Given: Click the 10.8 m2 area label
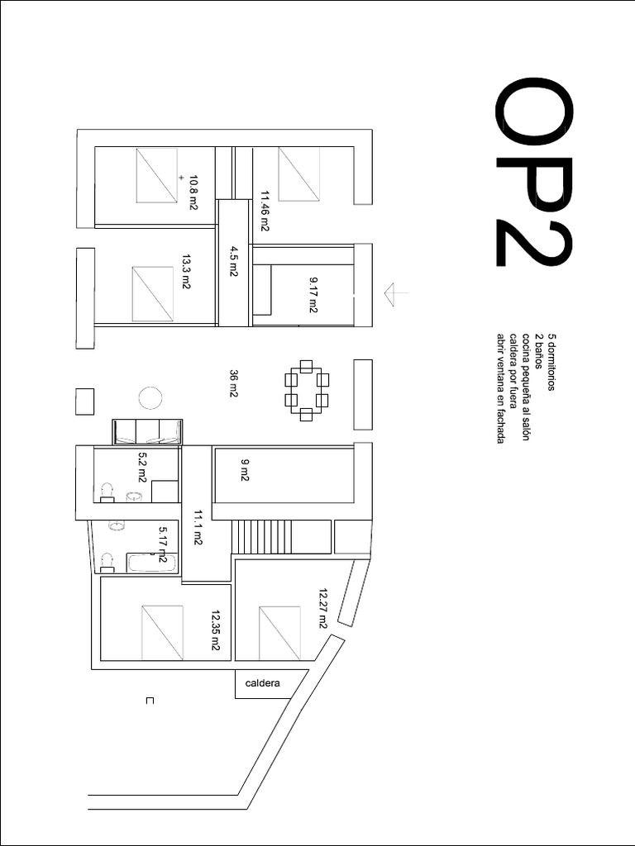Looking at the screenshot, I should [193, 192].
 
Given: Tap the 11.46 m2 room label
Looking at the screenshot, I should [265, 211].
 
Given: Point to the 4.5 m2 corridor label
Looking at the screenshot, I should [234, 259].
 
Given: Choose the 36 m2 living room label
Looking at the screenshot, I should [234, 384].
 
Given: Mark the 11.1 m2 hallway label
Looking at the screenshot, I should [198, 529].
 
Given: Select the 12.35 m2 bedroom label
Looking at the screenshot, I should [216, 630].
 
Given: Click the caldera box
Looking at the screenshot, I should [263, 684].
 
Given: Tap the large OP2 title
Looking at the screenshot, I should [533, 173].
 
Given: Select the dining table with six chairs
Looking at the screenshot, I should [307, 390].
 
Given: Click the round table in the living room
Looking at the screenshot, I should [150, 399].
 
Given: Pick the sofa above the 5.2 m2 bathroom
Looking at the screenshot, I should [147, 431].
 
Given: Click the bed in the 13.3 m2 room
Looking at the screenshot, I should [153, 294].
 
